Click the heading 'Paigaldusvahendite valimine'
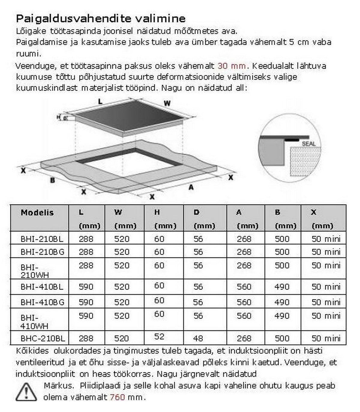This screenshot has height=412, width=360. point(100,19)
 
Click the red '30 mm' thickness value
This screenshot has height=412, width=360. point(232,66)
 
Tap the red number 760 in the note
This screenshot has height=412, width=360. point(117,397)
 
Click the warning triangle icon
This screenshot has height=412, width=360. point(26,392)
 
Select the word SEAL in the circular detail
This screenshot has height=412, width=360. point(309,144)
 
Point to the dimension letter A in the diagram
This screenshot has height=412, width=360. point(191,187)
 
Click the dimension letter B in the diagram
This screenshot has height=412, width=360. point(52,180)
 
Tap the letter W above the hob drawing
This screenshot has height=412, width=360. point(167,103)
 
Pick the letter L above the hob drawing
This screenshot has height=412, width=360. point(100,101)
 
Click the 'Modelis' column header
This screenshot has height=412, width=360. point(37,213)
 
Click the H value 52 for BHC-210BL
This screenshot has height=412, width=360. point(159,336)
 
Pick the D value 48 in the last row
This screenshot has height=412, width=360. point(198,338)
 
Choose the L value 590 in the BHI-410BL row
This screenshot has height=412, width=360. point(86,287)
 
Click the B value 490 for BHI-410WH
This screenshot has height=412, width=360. point(282,316)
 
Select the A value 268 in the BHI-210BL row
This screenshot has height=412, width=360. point(244,239)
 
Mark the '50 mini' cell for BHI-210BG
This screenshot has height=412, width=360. point(326,252)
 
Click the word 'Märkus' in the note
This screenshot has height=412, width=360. point(58,386)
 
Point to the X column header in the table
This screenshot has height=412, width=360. point(314,212)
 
